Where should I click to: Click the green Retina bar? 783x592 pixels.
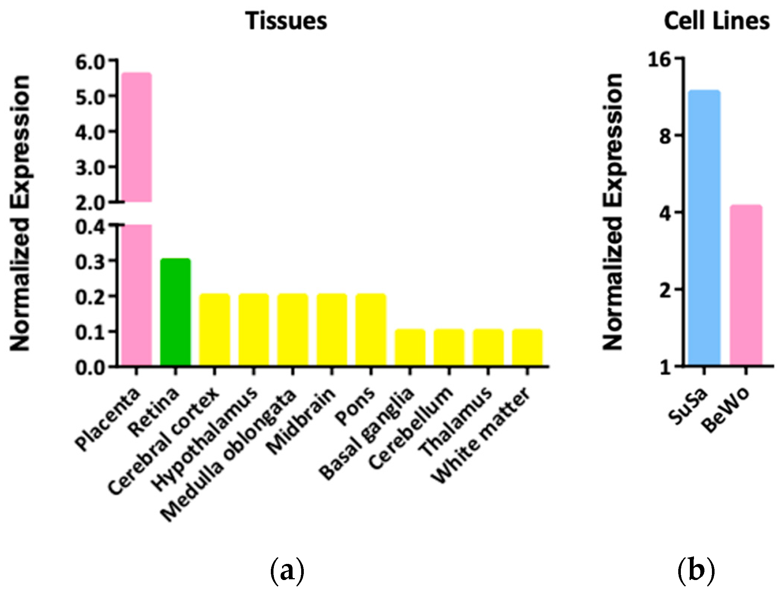point(175,312)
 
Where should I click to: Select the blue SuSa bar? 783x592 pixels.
point(704,228)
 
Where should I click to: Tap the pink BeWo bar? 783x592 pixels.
point(746,285)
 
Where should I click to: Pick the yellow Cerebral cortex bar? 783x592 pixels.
point(214,329)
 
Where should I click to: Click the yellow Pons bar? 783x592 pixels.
point(370,329)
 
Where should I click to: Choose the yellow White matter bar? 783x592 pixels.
point(527,347)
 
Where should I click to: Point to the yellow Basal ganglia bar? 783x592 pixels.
point(410,347)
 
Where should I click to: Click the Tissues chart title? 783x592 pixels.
point(286,21)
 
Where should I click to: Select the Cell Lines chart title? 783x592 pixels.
point(716,21)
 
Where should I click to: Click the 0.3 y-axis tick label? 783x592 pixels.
point(90,262)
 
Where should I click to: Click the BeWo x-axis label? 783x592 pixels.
point(726,410)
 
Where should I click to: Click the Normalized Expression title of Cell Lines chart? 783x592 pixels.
point(613,212)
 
